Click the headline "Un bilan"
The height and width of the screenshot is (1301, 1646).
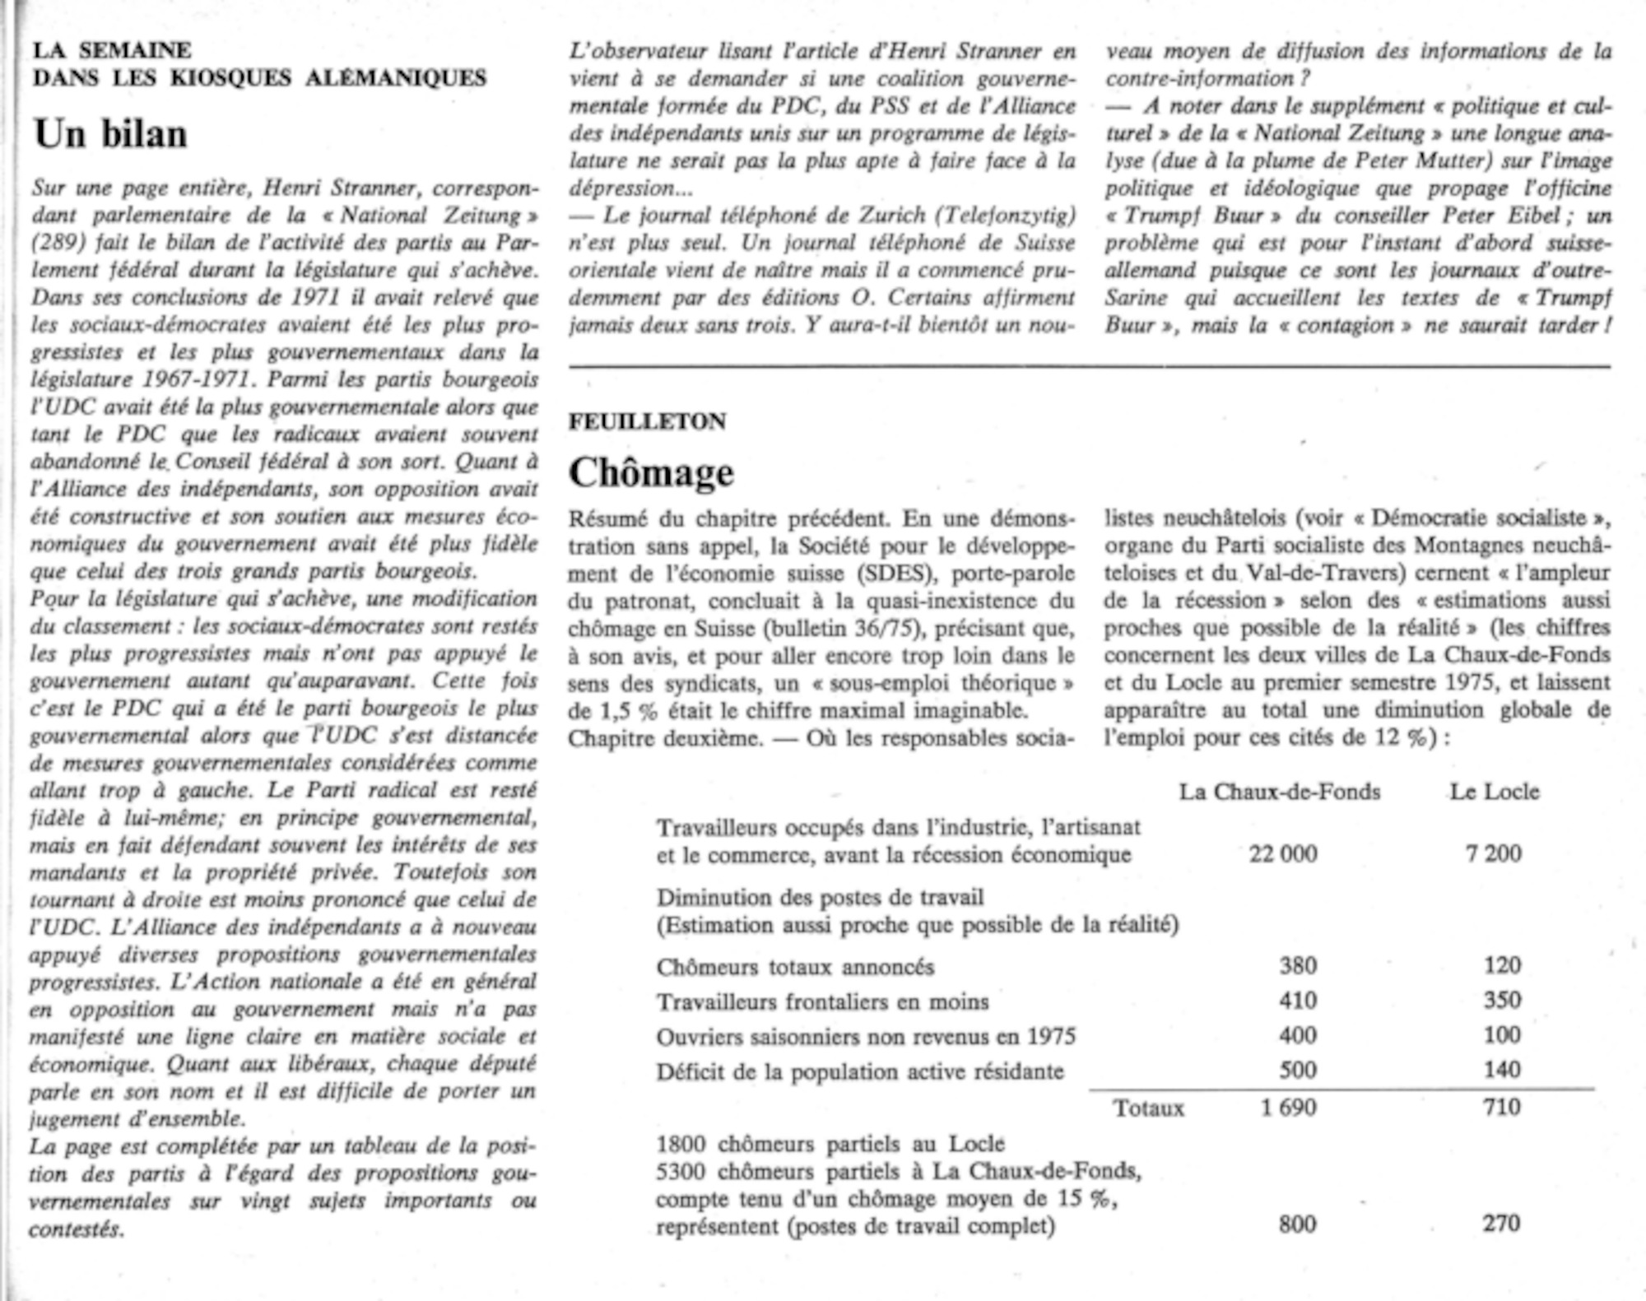point(110,134)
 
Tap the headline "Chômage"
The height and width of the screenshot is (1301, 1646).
point(651,473)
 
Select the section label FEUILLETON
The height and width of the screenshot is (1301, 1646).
point(647,421)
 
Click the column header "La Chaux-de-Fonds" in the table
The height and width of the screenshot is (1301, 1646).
point(1279,792)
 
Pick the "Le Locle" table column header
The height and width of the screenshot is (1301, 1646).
point(1494,792)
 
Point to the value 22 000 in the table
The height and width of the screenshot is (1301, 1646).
point(1282,854)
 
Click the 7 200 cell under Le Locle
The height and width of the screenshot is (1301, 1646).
point(1493,854)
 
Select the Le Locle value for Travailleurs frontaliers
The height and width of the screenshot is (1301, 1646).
point(1502,1000)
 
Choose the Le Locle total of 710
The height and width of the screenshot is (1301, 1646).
point(1501,1107)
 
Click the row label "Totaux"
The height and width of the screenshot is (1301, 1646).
point(1149,1108)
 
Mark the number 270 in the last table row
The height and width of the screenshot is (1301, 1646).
point(1501,1224)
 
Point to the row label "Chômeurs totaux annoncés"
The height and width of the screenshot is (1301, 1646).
point(795,967)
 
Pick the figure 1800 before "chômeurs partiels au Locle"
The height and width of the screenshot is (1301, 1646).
point(681,1144)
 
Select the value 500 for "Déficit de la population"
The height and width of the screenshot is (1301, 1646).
point(1298,1070)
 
